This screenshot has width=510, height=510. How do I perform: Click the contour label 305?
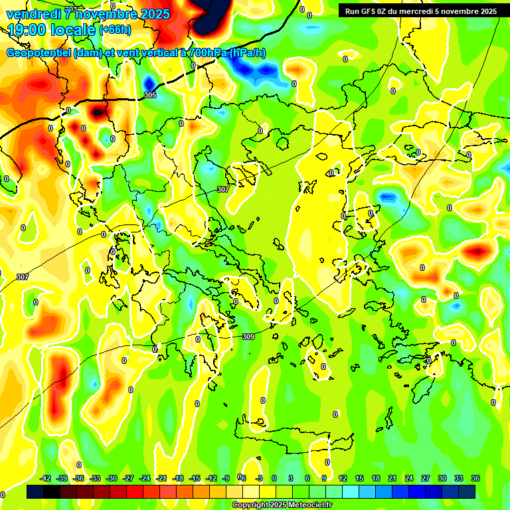(x=150, y=95)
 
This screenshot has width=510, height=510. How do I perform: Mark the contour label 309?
(x=248, y=337)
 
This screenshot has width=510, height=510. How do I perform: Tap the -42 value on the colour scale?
(x=46, y=478)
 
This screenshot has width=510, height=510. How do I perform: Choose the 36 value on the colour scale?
(x=475, y=478)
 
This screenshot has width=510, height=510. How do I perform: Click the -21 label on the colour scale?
(x=161, y=478)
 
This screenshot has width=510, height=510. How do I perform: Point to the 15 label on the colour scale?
(x=359, y=478)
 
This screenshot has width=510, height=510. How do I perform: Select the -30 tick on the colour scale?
(x=112, y=478)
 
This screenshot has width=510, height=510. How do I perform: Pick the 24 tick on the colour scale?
(x=409, y=478)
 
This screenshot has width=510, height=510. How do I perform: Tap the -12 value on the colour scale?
(x=211, y=478)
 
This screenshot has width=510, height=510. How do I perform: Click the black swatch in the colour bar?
(x=52, y=492)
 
